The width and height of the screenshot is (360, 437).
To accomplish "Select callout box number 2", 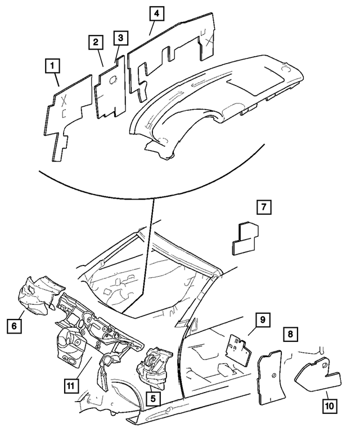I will (x=96, y=42).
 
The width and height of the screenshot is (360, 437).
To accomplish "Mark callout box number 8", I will (x=290, y=334).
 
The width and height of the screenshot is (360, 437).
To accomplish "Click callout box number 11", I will (x=70, y=386).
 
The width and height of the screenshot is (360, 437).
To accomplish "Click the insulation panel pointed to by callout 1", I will (x=67, y=115).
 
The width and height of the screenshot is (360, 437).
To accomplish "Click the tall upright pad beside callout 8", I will (x=269, y=377).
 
